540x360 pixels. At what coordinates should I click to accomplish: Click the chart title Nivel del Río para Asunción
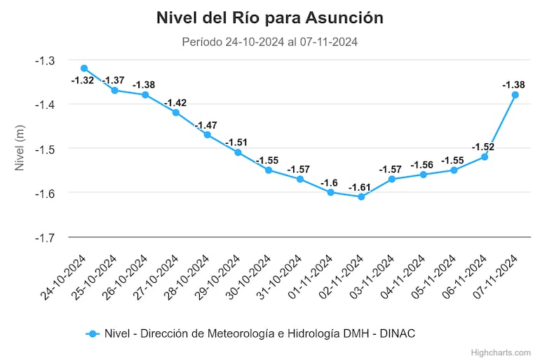point(270,18)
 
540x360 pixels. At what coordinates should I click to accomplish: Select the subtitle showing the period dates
point(270,42)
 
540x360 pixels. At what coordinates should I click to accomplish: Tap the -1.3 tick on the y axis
point(46,60)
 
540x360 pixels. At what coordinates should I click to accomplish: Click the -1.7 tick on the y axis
point(46,237)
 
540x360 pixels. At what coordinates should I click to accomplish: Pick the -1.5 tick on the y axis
point(46,149)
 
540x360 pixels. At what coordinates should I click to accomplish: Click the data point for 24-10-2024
point(84,68)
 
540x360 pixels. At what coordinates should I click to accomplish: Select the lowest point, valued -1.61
point(361,196)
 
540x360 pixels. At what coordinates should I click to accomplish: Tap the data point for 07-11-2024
point(515,95)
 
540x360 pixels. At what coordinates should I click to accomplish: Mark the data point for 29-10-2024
point(238,152)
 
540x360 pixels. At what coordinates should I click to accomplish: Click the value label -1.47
point(207,125)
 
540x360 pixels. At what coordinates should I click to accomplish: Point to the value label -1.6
point(330,183)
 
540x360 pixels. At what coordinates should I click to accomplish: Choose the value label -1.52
point(484,147)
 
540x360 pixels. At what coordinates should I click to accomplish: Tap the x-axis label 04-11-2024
point(406,276)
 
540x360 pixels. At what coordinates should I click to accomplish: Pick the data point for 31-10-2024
point(299,179)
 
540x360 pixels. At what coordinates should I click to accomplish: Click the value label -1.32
point(83,81)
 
